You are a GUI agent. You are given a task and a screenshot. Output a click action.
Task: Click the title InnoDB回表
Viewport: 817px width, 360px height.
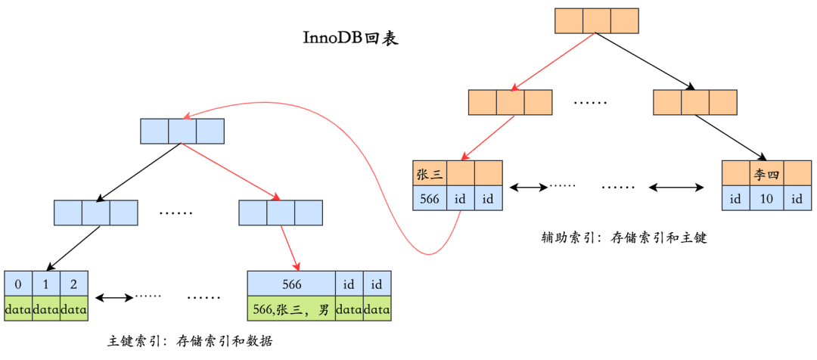pyautogui.click(x=349, y=39)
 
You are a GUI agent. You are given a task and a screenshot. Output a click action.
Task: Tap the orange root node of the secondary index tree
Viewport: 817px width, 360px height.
pyautogui.click(x=596, y=20)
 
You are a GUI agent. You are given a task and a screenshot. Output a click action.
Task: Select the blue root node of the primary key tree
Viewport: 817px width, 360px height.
pyautogui.click(x=182, y=132)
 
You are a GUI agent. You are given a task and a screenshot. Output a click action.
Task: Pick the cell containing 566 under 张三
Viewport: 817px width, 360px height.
pyautogui.click(x=430, y=198)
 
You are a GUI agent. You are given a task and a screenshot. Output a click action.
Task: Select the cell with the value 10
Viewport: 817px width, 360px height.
pyautogui.click(x=766, y=198)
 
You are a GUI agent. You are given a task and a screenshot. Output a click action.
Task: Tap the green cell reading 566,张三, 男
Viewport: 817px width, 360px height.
pyautogui.click(x=291, y=309)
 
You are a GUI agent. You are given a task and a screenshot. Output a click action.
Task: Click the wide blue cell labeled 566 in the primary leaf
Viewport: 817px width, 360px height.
pyautogui.click(x=291, y=284)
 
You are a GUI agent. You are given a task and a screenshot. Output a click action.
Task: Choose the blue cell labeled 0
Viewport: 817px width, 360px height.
pyautogui.click(x=18, y=284)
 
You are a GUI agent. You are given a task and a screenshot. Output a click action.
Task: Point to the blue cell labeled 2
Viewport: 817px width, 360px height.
pyautogui.click(x=74, y=284)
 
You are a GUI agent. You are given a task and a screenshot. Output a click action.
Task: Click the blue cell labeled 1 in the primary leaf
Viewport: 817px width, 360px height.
pyautogui.click(x=46, y=284)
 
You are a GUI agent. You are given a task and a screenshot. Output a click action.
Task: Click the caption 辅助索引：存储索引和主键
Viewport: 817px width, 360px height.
pyautogui.click(x=624, y=237)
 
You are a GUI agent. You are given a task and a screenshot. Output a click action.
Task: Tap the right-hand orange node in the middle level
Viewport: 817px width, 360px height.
pyautogui.click(x=695, y=102)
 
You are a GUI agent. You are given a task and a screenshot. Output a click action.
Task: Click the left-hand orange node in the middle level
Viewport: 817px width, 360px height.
pyautogui.click(x=510, y=102)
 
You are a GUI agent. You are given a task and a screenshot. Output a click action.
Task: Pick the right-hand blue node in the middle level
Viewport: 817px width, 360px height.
pyautogui.click(x=281, y=213)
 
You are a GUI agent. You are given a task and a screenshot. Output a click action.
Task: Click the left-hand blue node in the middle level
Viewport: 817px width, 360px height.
pyautogui.click(x=96, y=213)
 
